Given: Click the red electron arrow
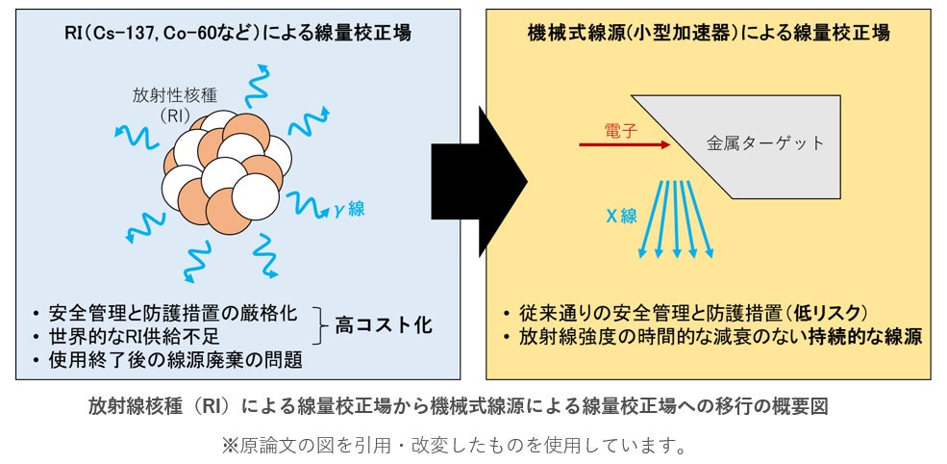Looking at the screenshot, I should point(625,144).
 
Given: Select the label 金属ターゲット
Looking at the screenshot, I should point(765,143).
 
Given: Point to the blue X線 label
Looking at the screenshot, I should point(621,216).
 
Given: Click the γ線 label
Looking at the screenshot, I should point(349,209).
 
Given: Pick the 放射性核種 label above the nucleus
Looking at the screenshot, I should point(175,95).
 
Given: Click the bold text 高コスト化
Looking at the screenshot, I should point(383,325).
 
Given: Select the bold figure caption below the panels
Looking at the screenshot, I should point(458,406).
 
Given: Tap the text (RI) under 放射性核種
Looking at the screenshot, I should point(176,116).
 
